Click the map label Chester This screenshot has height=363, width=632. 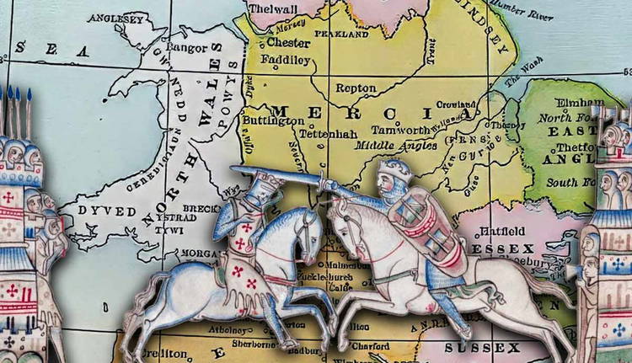(288, 42)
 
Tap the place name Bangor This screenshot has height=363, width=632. (187, 48)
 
